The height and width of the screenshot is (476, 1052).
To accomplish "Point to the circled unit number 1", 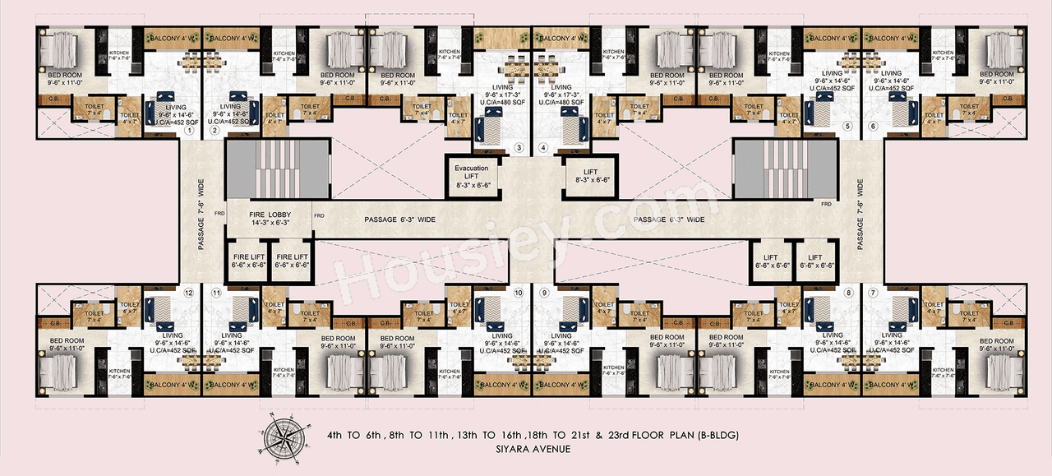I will (x=188, y=130).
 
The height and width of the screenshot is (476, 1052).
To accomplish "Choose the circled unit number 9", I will (x=544, y=292).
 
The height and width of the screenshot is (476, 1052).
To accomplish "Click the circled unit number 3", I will (x=519, y=149).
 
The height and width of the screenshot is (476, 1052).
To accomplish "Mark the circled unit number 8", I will (x=848, y=292).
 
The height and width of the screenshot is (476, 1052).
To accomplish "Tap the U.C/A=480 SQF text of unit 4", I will (x=561, y=104).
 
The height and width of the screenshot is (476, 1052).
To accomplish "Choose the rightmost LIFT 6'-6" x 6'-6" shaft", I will (x=815, y=261).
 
